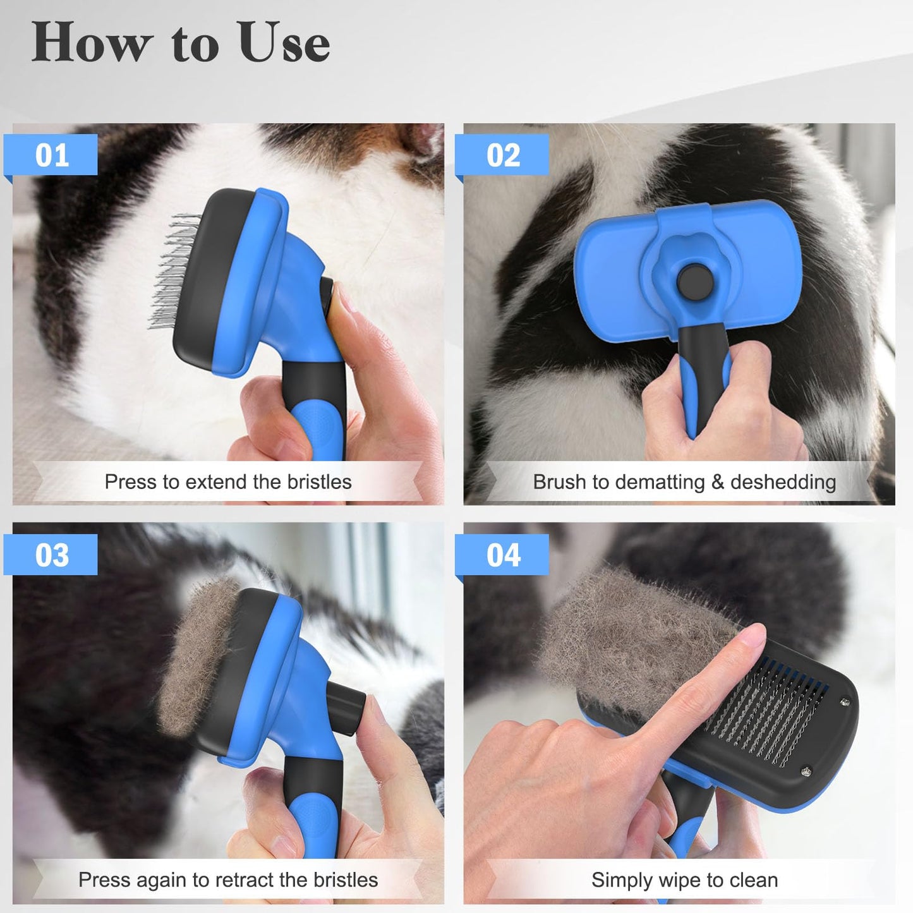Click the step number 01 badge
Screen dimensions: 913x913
pyautogui.click(x=51, y=155)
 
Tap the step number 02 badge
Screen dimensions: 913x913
pyautogui.click(x=503, y=155)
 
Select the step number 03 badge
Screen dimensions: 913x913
pyautogui.click(x=51, y=555)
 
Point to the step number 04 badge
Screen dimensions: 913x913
pyautogui.click(x=503, y=555)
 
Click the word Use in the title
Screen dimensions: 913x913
pyautogui.click(x=284, y=43)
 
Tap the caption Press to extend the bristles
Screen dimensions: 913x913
pyautogui.click(x=227, y=482)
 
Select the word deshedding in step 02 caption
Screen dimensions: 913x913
pyautogui.click(x=783, y=482)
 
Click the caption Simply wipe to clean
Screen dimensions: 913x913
pyautogui.click(x=684, y=880)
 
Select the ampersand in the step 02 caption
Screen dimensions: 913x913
pyautogui.click(x=717, y=482)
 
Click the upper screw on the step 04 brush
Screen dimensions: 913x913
pyautogui.click(x=844, y=701)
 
